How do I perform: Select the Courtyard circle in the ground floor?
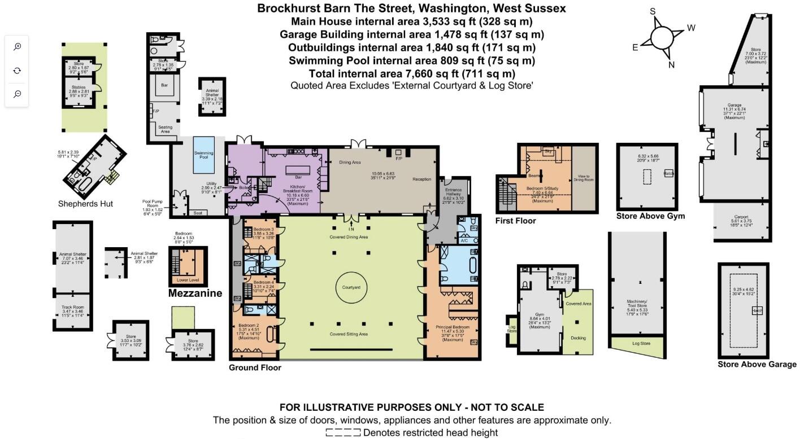point(351,288)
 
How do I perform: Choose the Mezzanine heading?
point(195,293)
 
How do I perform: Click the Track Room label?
point(72,308)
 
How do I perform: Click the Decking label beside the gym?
point(579,338)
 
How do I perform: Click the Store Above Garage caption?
point(757,365)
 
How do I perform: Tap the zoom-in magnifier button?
point(18,47)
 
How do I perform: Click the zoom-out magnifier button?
point(18,94)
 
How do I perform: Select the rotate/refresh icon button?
point(18,71)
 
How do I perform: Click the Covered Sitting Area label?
point(349,334)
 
